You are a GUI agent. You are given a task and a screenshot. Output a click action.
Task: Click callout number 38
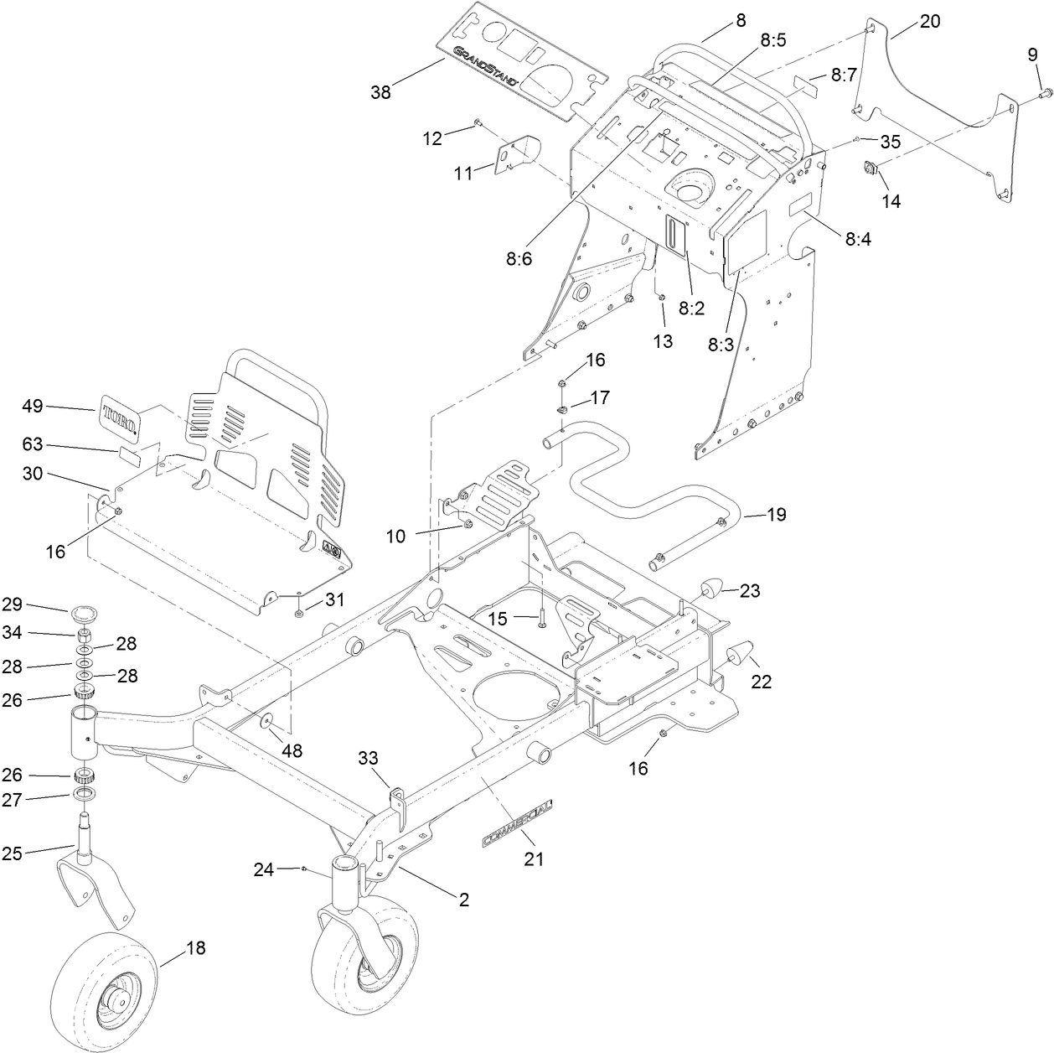click(380, 92)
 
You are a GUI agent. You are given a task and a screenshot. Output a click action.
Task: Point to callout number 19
click(777, 515)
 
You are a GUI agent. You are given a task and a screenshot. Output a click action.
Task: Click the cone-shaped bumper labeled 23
click(711, 589)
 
